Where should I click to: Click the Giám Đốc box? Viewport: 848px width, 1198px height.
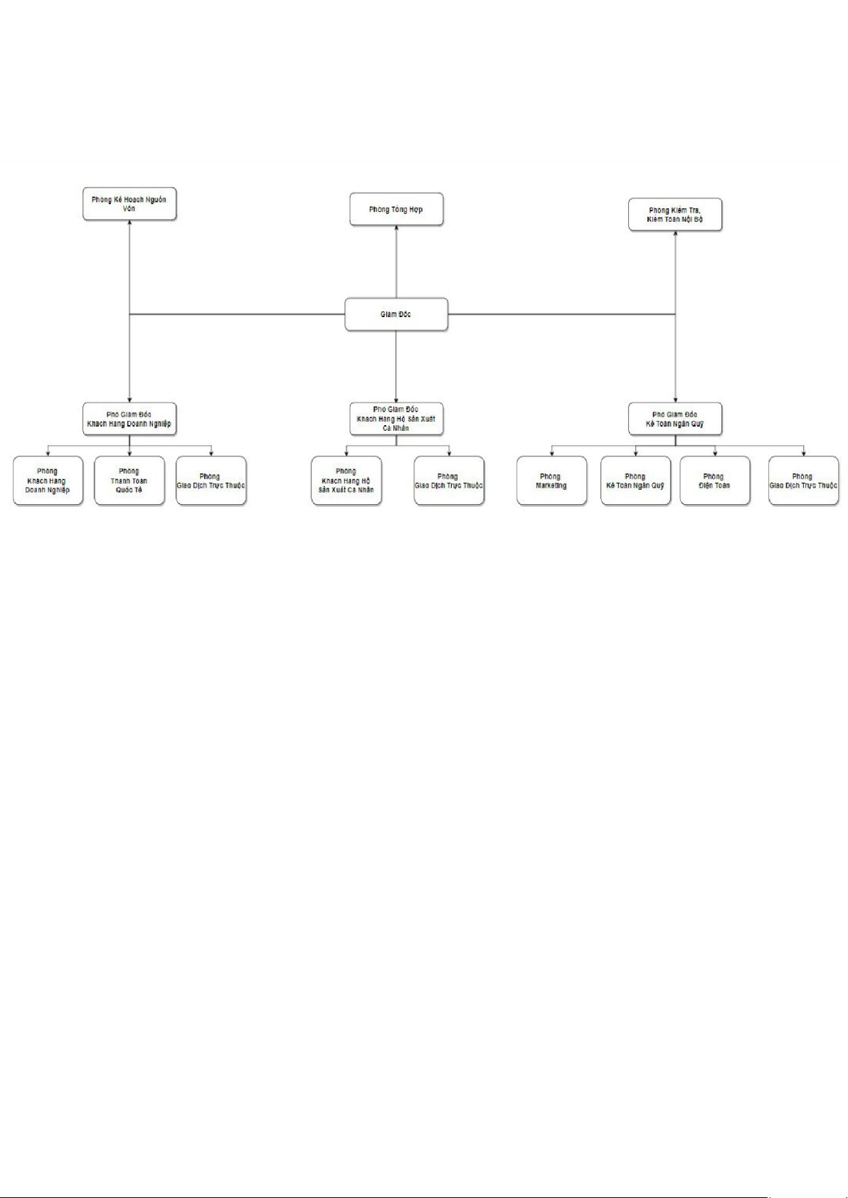click(x=396, y=314)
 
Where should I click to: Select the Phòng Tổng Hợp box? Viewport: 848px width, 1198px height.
click(x=396, y=210)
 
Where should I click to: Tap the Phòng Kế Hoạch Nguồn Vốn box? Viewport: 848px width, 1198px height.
click(x=129, y=204)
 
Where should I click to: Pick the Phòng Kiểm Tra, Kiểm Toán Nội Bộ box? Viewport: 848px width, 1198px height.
click(x=675, y=215)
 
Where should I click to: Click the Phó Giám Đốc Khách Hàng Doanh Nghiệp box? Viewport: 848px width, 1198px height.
click(x=129, y=419)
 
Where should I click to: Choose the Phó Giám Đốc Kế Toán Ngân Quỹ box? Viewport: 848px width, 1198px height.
click(x=675, y=419)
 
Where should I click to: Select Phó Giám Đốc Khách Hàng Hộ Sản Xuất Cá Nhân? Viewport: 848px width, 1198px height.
click(x=396, y=419)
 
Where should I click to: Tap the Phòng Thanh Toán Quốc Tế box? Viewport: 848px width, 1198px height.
click(x=129, y=481)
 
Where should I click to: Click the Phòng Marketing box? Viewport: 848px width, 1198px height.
click(x=551, y=481)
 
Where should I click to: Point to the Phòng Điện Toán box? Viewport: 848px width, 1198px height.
click(x=714, y=481)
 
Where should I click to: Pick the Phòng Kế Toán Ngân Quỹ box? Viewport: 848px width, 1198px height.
click(x=635, y=481)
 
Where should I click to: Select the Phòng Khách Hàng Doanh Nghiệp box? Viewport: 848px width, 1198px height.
click(x=48, y=481)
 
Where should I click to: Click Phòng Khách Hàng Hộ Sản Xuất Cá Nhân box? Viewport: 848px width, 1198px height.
click(x=346, y=481)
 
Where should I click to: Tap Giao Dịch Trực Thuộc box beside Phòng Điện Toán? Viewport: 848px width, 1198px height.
click(x=803, y=481)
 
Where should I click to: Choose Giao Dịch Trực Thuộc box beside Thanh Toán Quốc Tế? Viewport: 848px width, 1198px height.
click(x=211, y=481)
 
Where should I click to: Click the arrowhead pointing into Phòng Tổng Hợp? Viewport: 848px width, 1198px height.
click(x=396, y=229)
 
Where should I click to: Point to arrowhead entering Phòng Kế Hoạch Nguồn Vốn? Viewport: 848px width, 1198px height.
click(x=129, y=223)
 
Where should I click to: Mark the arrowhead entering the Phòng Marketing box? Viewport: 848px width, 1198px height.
click(x=551, y=454)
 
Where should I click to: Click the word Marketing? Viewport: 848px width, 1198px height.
click(x=551, y=486)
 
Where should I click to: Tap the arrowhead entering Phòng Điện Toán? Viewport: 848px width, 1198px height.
click(x=715, y=454)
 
